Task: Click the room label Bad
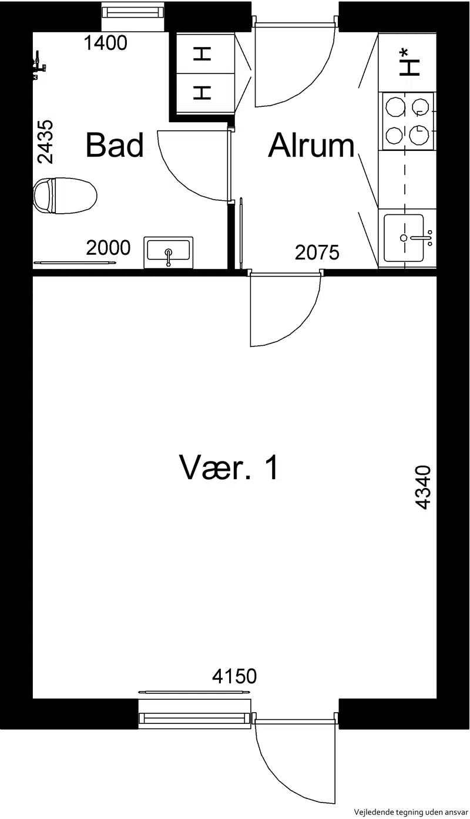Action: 115,145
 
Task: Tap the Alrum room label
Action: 311,145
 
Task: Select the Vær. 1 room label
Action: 229,467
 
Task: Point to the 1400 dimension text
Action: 105,43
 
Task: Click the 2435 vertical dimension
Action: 46,142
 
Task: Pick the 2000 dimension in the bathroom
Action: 108,248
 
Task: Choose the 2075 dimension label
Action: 317,252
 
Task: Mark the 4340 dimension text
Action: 424,487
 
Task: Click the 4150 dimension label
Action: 234,676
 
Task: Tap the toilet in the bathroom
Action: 65,196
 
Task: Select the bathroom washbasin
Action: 168,252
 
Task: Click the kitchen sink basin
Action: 404,238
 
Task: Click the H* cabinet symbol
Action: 409,63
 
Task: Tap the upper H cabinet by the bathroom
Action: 202,55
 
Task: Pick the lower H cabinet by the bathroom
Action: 202,93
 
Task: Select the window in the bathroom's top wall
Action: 133,13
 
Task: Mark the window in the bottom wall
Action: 194,719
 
